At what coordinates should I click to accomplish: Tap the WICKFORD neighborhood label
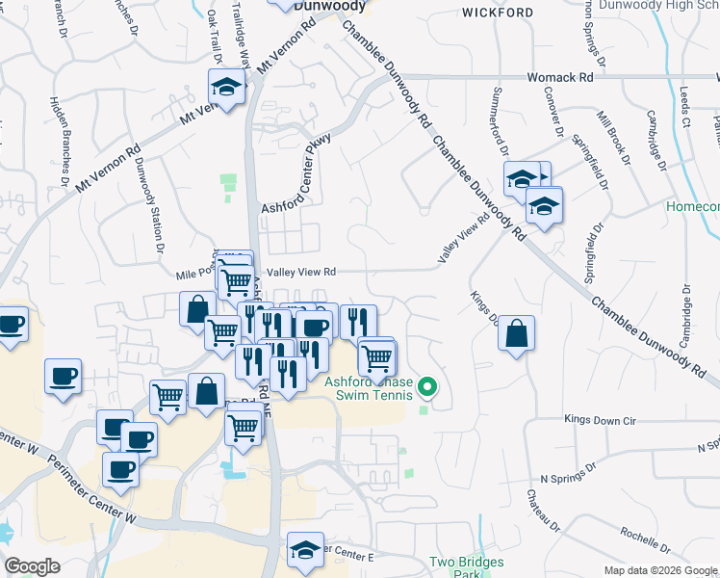click(497, 13)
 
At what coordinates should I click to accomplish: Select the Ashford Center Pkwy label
click(296, 174)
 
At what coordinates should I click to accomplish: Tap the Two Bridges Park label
click(454, 567)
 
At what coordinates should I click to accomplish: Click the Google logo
click(32, 565)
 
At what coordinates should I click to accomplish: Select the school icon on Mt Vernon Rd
click(226, 89)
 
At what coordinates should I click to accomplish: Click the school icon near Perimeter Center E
click(305, 549)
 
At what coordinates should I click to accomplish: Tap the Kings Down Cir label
click(602, 420)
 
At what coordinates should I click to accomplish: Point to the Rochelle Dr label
click(647, 534)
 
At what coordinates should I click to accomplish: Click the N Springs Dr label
click(571, 478)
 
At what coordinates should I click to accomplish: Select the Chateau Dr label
click(538, 512)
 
